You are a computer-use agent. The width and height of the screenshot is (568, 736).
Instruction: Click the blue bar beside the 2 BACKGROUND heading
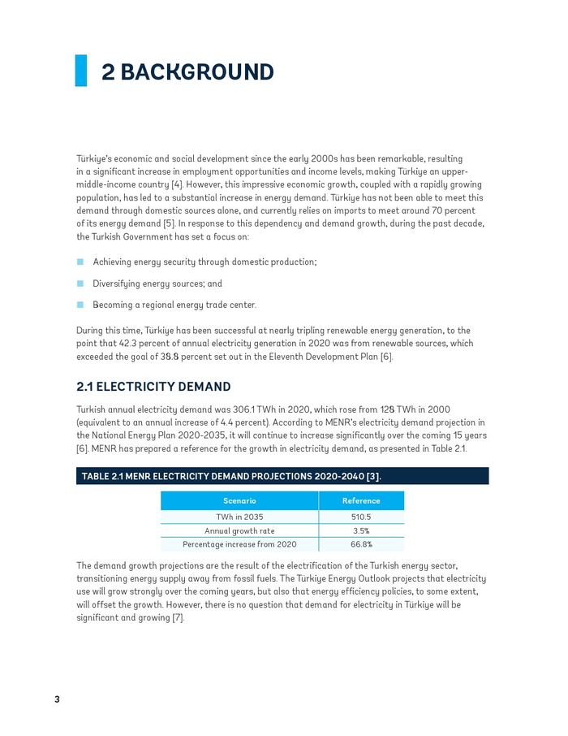pos(81,71)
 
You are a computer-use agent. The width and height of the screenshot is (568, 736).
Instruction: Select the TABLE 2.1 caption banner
pos(282,476)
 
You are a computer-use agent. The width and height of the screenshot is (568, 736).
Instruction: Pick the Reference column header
pos(361,501)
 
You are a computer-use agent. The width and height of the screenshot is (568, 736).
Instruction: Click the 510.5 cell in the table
pos(361,517)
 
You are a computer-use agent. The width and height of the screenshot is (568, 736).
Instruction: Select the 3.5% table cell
pos(361,530)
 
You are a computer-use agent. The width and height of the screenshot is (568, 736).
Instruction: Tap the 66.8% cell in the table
pos(361,544)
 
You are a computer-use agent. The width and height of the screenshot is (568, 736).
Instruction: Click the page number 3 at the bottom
pos(58,699)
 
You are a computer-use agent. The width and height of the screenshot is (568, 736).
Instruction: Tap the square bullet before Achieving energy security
pos(80,262)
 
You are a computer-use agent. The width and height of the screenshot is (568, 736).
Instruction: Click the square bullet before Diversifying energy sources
pos(80,284)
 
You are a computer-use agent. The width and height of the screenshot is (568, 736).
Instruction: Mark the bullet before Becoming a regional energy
pos(80,305)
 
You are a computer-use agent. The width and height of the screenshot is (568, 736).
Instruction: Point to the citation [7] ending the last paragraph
pos(178,618)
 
